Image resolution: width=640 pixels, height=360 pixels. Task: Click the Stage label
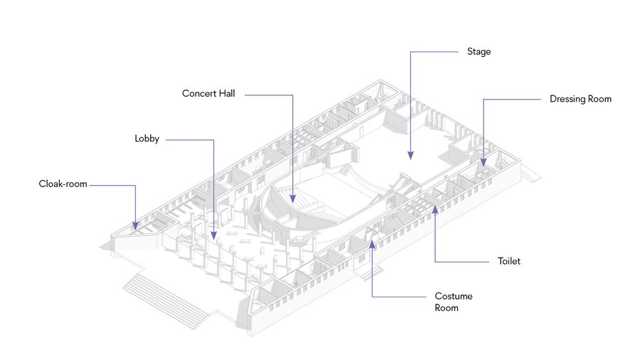[x=479, y=52]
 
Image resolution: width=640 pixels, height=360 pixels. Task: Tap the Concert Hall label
[x=208, y=93]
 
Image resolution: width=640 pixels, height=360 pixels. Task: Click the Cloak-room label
[x=63, y=184]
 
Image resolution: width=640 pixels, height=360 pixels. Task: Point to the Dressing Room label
[x=580, y=99]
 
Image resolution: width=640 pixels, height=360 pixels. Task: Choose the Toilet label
[x=509, y=261]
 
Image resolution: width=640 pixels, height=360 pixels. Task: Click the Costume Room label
[x=454, y=302]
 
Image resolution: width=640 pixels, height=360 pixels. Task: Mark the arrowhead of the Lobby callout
[x=213, y=233]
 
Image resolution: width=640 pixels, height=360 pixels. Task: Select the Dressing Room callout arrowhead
[x=484, y=163]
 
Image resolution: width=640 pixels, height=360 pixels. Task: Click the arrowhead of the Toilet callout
[x=434, y=208]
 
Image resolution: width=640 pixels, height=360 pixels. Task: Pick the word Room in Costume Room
[x=447, y=308]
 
